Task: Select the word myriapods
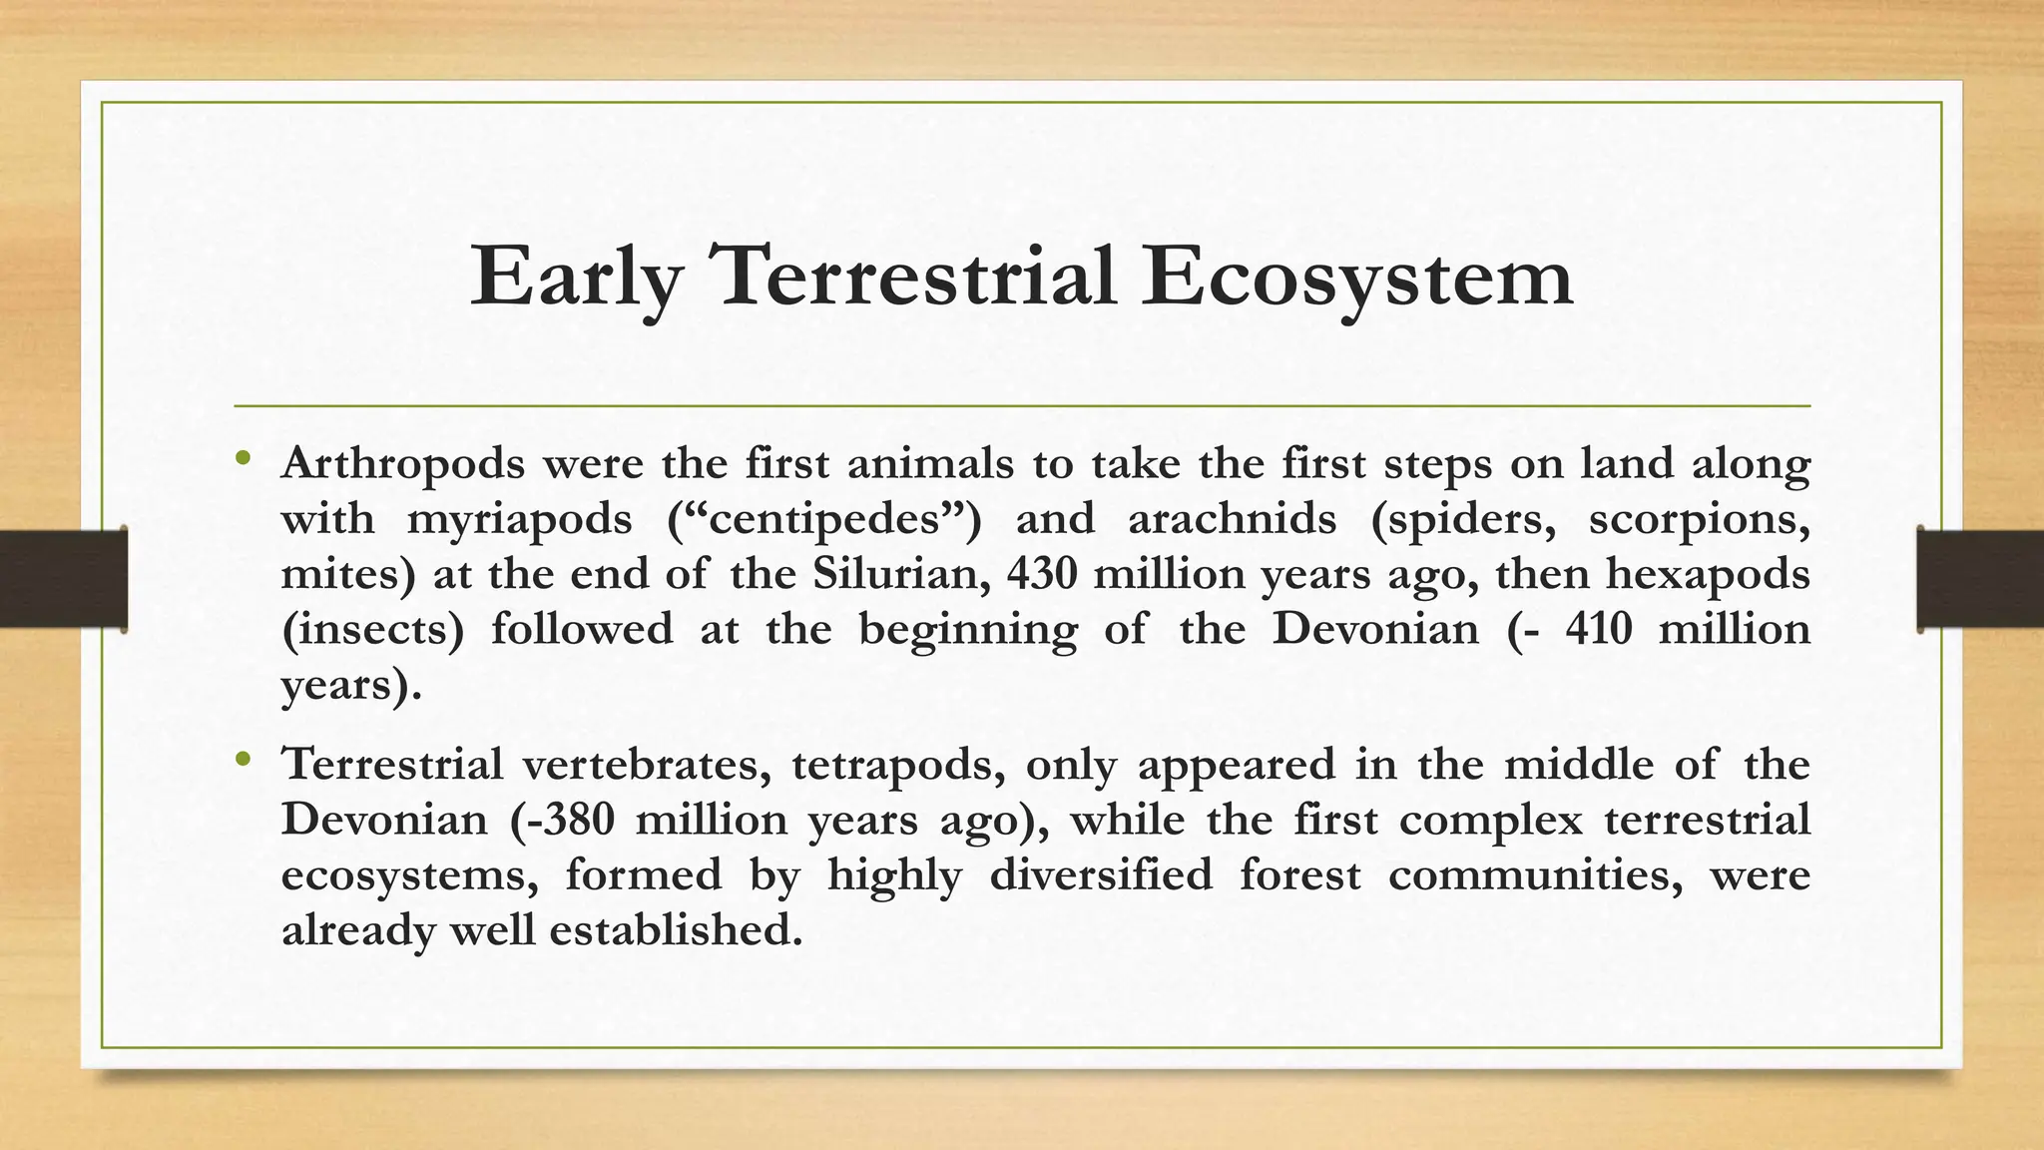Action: tap(519, 520)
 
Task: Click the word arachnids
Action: tap(1232, 520)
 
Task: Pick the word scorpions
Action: tap(1699, 520)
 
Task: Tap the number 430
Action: tap(1043, 575)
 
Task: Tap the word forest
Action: tap(1299, 875)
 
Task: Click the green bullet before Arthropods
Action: tap(242, 460)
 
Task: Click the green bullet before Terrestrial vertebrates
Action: tap(242, 762)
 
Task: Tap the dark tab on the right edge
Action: tap(1980, 579)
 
